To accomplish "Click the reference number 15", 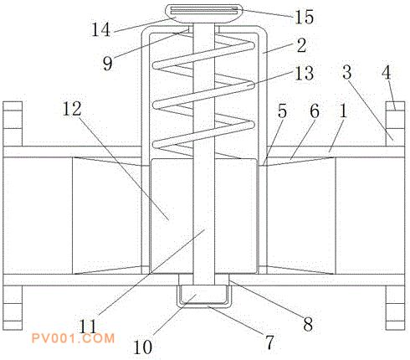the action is click(304, 17).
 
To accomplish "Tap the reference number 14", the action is click(101, 29).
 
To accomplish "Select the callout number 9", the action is click(108, 64).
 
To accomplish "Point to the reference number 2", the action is click(301, 45).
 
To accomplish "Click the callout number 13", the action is click(304, 74).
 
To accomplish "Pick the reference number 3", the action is click(347, 72).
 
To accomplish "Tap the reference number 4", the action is click(387, 73).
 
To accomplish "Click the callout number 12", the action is click(72, 109).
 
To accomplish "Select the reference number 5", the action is click(282, 111).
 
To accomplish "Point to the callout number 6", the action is click(315, 111).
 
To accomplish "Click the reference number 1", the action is click(343, 111).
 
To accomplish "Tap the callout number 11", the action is click(88, 327).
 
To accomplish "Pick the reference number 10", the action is click(143, 347).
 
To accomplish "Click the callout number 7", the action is click(269, 342).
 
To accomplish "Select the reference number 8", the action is click(308, 324).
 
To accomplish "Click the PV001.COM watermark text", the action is click(73, 338).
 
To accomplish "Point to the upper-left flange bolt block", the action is click(13, 124).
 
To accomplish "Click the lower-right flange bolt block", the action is click(395, 308).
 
